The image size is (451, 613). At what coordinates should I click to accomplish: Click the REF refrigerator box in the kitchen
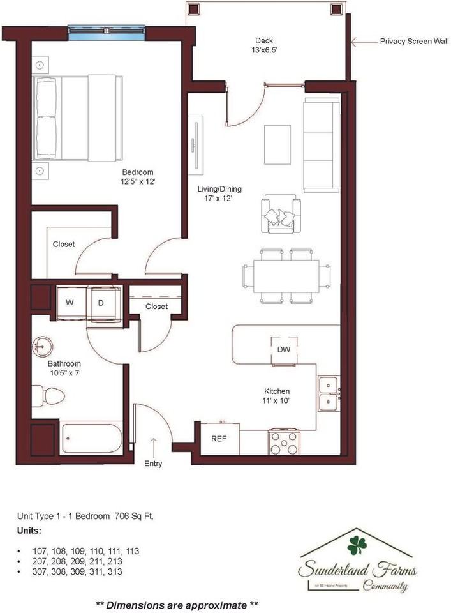[219, 439]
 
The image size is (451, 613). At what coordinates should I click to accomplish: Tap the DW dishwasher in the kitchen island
[284, 349]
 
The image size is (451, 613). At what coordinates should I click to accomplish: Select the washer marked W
[70, 302]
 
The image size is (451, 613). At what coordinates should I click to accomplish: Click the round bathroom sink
[43, 347]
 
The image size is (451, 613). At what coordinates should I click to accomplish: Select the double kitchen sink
[329, 394]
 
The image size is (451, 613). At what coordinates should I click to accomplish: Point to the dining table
[286, 276]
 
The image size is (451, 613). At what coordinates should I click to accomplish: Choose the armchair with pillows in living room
[281, 215]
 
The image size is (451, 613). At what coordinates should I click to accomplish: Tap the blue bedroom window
[107, 32]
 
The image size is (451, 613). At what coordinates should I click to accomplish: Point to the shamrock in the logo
[357, 544]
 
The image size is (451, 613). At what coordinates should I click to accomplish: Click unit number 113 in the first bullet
[132, 550]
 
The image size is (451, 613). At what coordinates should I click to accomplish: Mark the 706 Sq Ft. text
[133, 517]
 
